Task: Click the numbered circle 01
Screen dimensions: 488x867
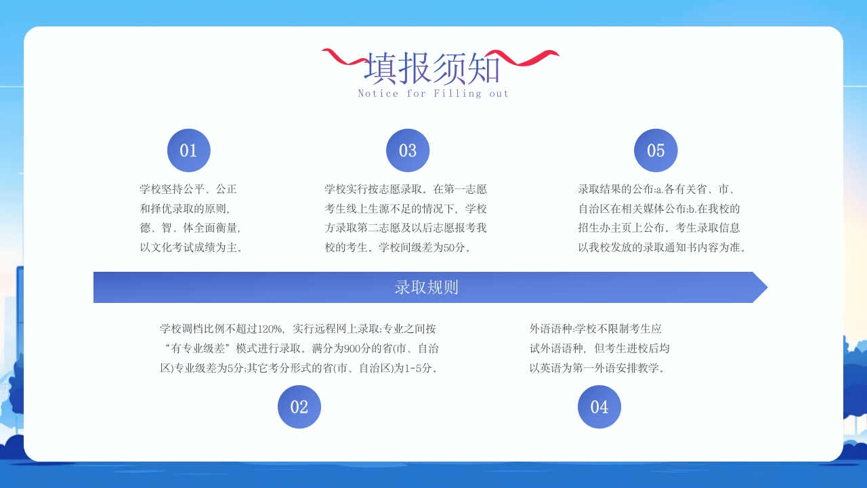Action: [x=188, y=150]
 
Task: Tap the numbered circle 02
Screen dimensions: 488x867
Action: [x=299, y=407]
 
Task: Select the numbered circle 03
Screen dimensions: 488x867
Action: [x=408, y=150]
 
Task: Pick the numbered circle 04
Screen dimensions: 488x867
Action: [x=599, y=407]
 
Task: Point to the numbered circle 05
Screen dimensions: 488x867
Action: [x=656, y=150]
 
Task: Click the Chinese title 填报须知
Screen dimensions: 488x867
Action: [x=433, y=69]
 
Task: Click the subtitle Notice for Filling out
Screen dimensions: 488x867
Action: [x=433, y=94]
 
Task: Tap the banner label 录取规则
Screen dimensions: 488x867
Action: [x=427, y=287]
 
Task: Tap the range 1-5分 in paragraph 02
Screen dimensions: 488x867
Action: [x=418, y=369]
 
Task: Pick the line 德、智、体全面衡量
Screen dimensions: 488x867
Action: [x=190, y=228]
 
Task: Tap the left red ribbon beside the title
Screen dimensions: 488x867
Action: [x=343, y=58]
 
